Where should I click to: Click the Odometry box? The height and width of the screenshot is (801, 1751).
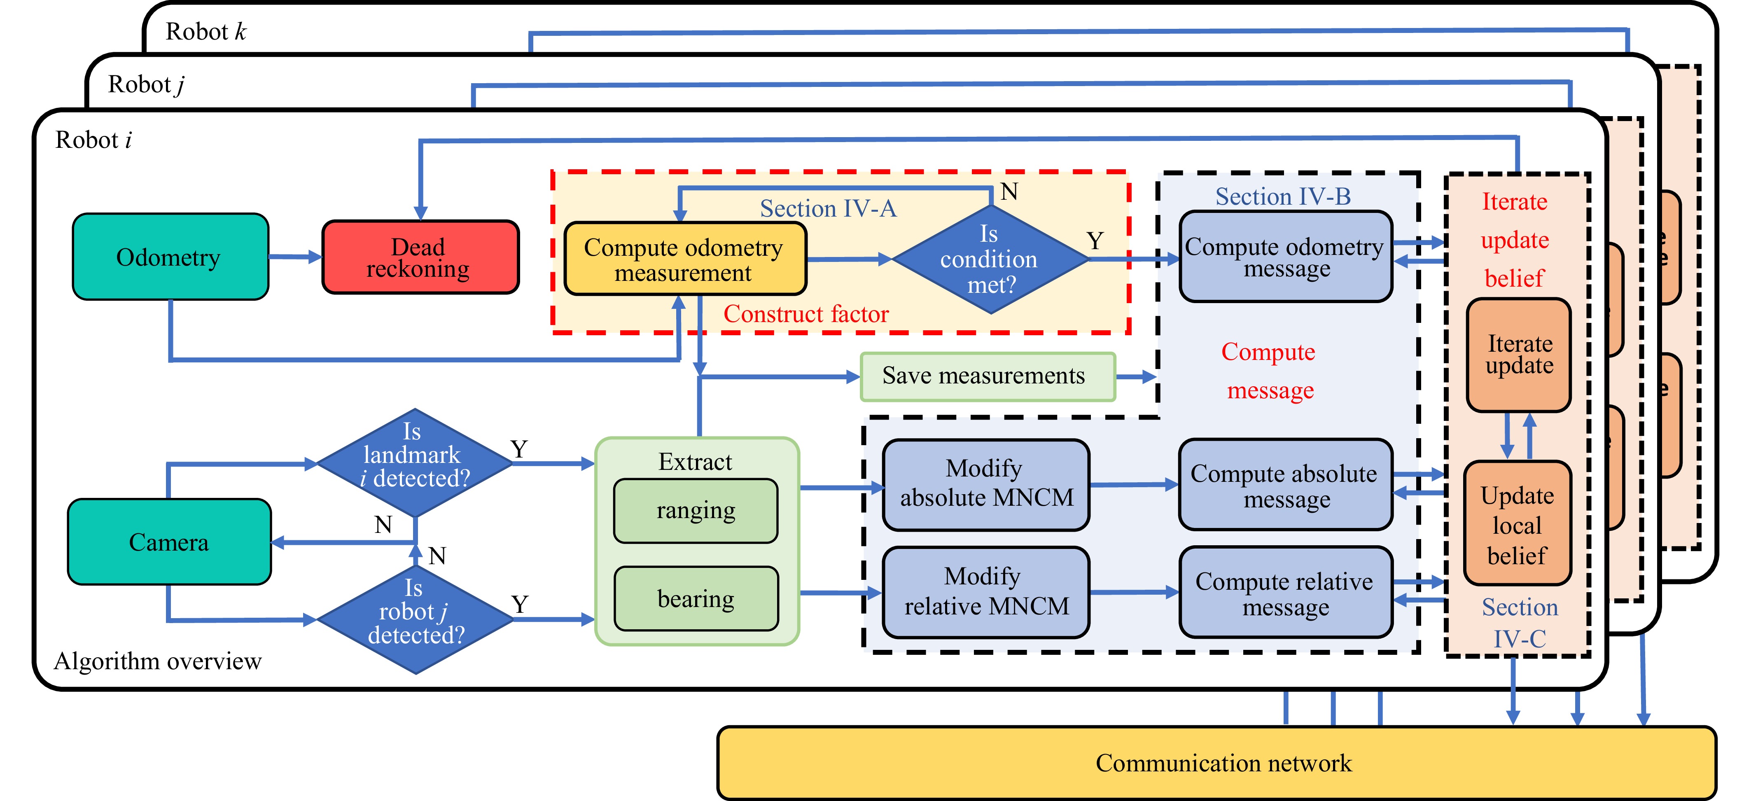[170, 257]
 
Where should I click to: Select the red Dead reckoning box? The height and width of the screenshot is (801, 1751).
[420, 257]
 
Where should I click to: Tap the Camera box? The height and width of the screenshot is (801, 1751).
[169, 542]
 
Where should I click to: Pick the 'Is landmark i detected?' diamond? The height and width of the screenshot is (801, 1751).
[415, 462]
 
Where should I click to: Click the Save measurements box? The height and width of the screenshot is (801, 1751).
[987, 376]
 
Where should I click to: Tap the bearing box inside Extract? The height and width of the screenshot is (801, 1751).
[696, 598]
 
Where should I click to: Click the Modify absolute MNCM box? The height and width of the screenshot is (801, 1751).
[985, 484]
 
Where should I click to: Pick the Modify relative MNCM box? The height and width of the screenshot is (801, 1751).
[985, 591]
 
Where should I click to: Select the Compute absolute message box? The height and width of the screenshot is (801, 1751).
[1285, 484]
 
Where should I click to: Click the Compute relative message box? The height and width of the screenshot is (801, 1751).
[1285, 592]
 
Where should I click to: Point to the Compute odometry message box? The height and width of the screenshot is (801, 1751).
[1285, 257]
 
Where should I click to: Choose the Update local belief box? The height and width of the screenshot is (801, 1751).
[1517, 523]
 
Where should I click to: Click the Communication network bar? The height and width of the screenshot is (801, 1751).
[1217, 763]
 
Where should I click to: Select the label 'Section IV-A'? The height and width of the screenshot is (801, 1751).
[827, 208]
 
